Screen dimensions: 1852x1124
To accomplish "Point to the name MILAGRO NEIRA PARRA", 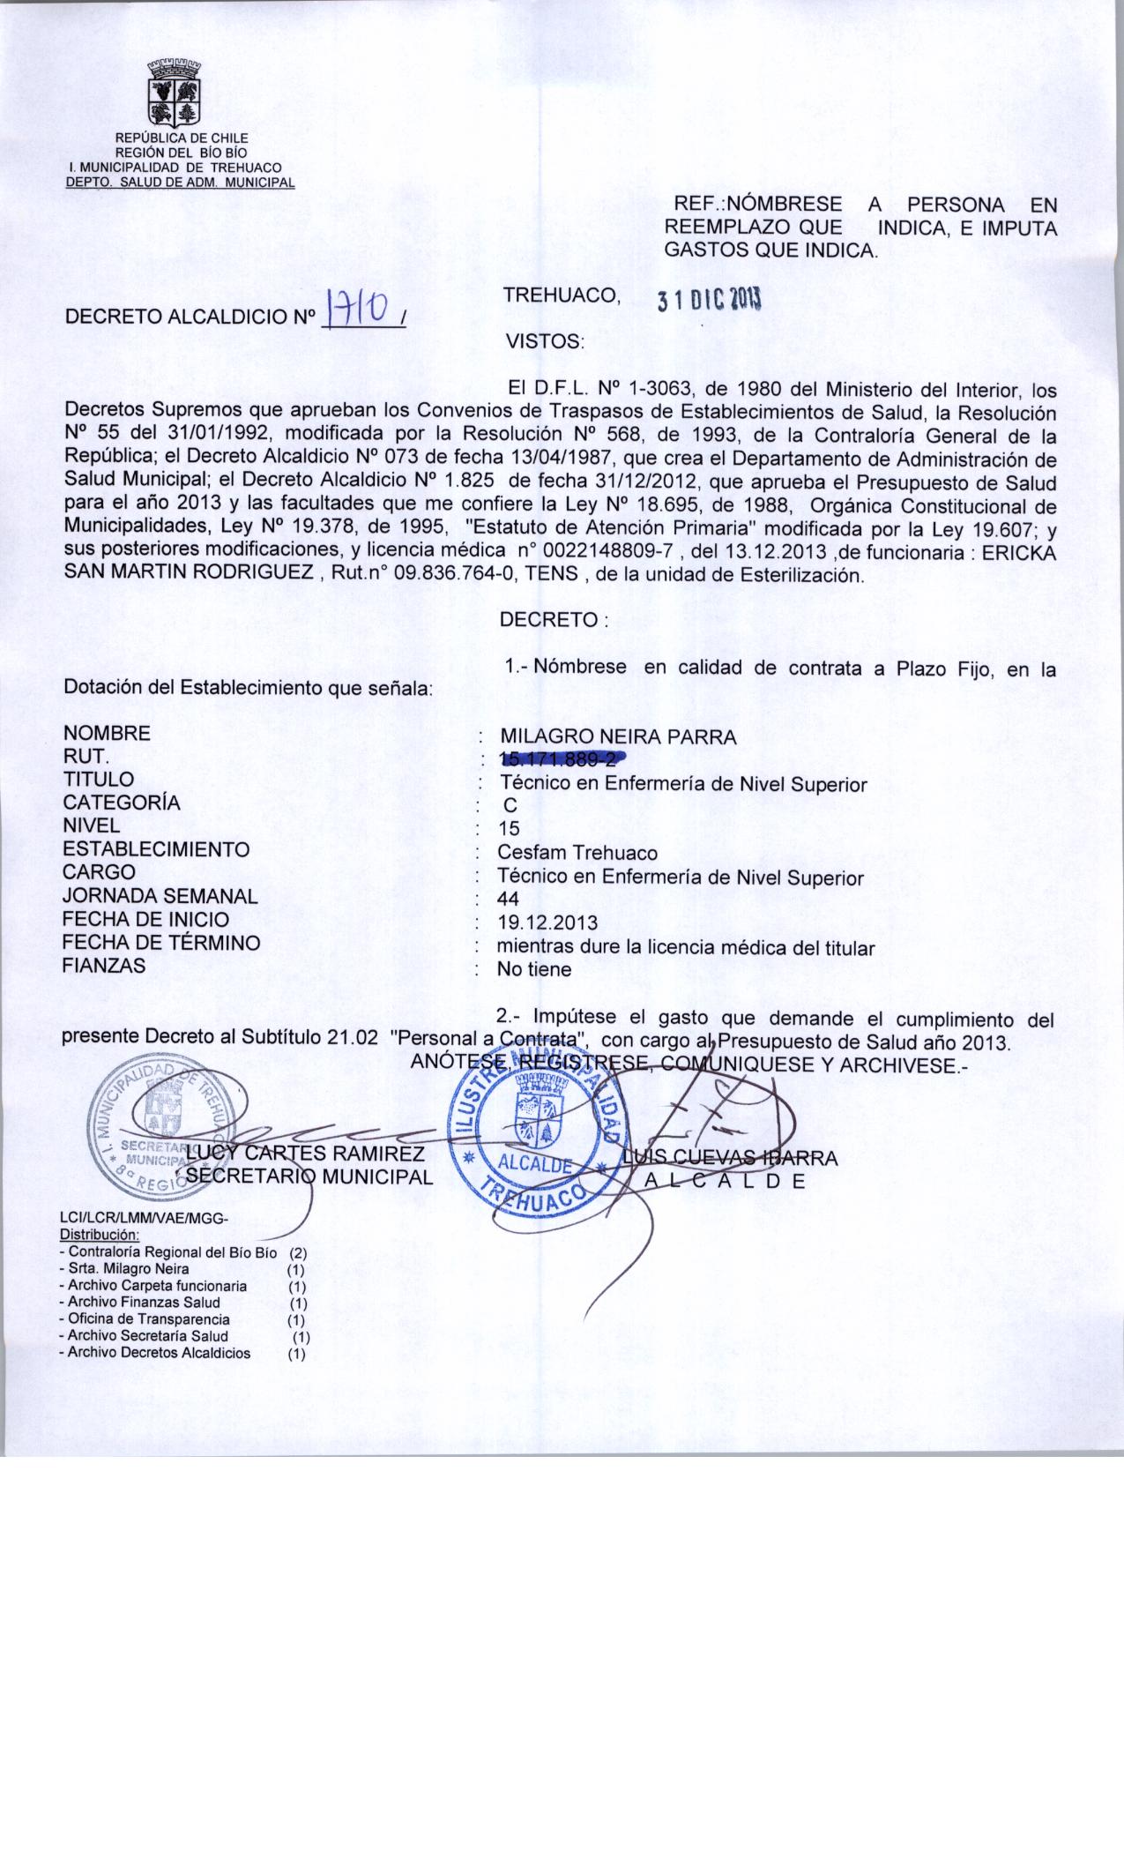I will tap(618, 737).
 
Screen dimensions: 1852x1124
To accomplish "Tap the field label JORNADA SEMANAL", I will tap(160, 896).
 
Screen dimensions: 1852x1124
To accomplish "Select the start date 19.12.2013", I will tap(547, 923).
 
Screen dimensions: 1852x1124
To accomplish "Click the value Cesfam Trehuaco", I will tap(577, 853).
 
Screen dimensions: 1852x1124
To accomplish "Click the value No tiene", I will tap(534, 969).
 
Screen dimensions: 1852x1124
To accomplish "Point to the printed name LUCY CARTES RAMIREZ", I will tap(306, 1154).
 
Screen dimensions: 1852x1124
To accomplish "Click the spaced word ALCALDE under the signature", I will tap(726, 1182).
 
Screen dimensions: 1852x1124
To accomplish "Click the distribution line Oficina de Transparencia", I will tap(149, 1319).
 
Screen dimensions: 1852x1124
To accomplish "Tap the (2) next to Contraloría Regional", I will tap(297, 1253).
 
